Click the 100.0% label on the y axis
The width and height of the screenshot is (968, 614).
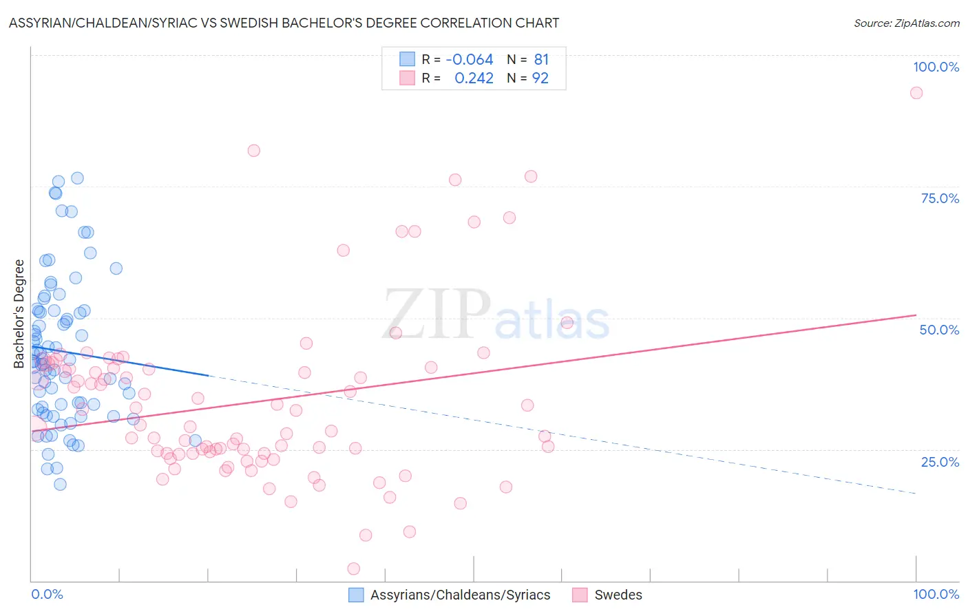[x=936, y=67]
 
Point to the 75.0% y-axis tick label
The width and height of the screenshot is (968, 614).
[x=940, y=198]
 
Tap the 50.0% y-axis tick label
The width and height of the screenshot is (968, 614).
[x=939, y=330]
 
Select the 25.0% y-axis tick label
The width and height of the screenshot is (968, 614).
[x=940, y=461]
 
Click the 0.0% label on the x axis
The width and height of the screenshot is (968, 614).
[x=47, y=594]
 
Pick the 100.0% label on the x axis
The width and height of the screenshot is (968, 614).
[x=936, y=594]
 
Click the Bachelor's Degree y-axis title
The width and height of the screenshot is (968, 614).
[x=19, y=314]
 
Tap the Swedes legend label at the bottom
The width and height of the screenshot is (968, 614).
[x=618, y=595]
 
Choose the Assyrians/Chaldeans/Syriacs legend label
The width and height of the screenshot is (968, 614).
[x=460, y=595]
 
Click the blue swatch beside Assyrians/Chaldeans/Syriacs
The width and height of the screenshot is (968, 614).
[x=356, y=595]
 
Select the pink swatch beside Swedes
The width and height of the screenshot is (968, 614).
[x=580, y=595]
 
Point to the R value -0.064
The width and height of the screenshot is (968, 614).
[x=470, y=60]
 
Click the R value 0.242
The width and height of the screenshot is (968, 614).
[x=474, y=78]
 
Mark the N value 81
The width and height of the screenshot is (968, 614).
[x=541, y=60]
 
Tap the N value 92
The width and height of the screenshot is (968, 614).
[x=540, y=78]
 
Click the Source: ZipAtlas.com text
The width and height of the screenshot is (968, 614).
[x=906, y=23]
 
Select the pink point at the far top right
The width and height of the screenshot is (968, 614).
[x=916, y=93]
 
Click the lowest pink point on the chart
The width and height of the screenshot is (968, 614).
[x=353, y=569]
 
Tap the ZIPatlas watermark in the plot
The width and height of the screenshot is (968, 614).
[x=496, y=315]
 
